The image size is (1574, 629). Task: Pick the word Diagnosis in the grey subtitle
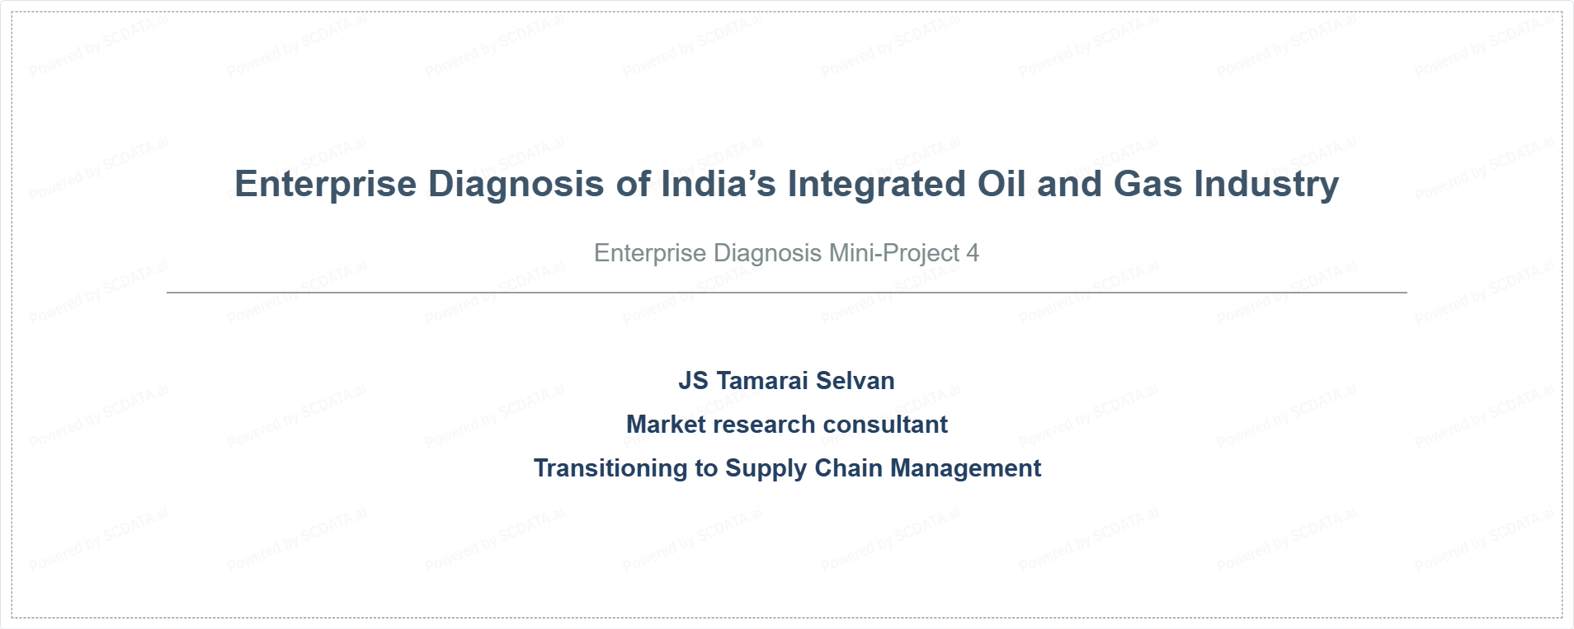click(767, 253)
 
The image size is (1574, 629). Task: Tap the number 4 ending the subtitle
click(973, 253)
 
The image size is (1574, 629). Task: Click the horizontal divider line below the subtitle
click(787, 292)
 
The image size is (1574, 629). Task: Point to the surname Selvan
click(855, 380)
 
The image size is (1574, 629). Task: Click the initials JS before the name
click(693, 380)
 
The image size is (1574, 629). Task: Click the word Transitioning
click(611, 468)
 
